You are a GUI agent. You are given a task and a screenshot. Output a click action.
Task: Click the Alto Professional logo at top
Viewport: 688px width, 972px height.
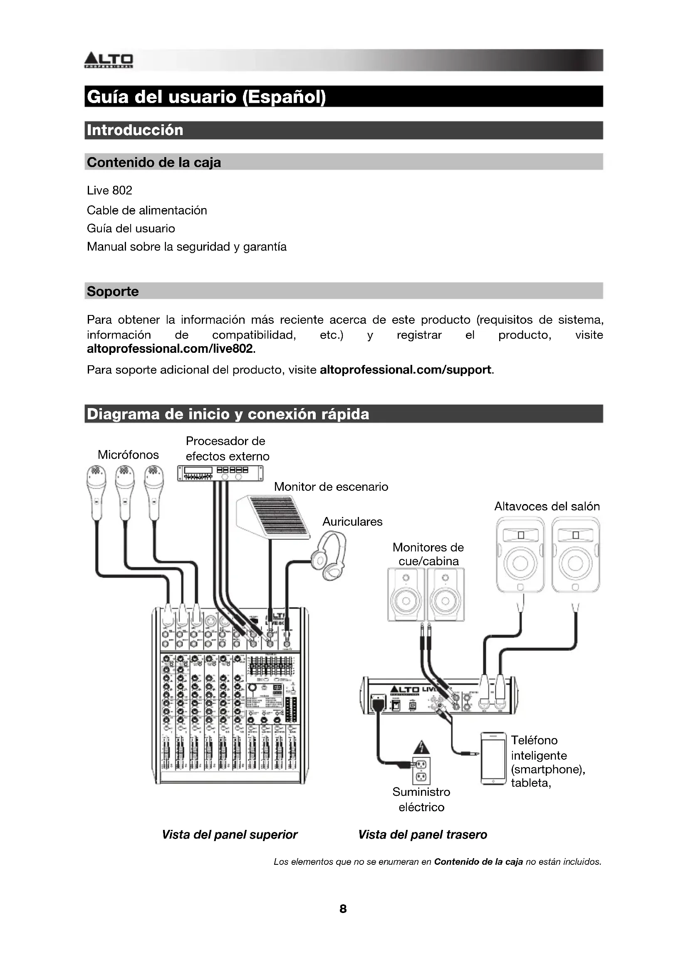click(x=109, y=60)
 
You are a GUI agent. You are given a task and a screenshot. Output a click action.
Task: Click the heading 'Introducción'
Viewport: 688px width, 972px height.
click(x=135, y=130)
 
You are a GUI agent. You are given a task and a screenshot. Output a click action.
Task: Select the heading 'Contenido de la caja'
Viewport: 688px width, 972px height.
click(x=154, y=162)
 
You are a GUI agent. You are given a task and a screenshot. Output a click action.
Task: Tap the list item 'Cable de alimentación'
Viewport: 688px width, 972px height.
click(x=146, y=210)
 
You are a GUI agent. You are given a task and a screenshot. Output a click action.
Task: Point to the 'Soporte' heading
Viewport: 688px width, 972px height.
click(x=113, y=291)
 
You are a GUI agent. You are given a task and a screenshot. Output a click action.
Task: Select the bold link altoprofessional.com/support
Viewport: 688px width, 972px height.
click(x=406, y=370)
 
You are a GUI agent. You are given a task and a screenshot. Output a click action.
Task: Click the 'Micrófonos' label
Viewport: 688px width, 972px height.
click(x=128, y=455)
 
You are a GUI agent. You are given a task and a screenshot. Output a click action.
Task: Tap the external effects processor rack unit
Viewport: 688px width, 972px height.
click(x=220, y=472)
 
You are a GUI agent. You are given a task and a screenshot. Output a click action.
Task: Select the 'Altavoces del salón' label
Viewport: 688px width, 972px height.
click(x=547, y=506)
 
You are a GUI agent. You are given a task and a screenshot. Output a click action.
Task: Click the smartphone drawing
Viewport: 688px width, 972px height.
click(x=493, y=759)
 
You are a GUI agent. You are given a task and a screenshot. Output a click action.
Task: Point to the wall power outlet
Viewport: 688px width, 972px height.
click(x=421, y=770)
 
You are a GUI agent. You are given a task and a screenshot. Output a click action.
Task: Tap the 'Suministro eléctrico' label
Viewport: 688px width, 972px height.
click(x=421, y=799)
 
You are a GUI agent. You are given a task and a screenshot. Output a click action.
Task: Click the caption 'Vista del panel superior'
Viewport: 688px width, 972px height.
click(x=230, y=834)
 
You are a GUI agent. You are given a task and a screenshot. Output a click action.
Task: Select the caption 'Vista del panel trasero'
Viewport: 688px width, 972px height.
click(x=422, y=834)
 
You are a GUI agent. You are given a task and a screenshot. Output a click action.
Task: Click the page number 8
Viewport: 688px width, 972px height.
click(x=343, y=909)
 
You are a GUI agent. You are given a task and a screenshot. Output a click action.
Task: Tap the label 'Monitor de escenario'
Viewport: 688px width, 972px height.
click(x=331, y=487)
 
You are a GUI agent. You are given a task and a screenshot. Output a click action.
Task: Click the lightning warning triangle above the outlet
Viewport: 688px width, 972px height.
click(x=421, y=747)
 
